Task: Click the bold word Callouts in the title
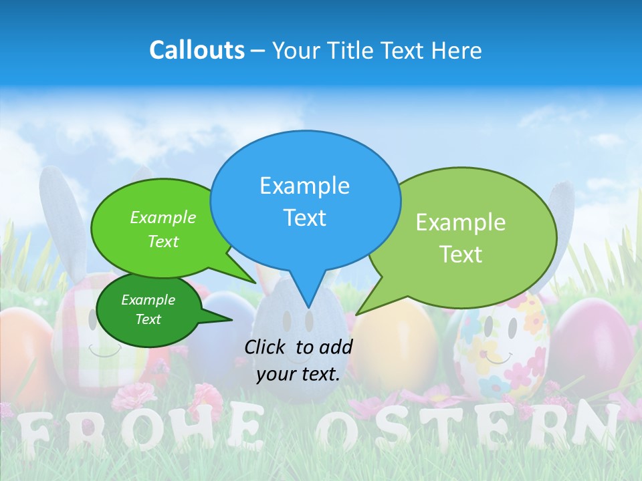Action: [x=197, y=50]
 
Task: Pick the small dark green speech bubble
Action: [x=148, y=310]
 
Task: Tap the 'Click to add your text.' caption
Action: [x=298, y=361]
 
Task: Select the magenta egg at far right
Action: [x=592, y=341]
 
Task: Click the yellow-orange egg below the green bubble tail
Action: [x=395, y=347]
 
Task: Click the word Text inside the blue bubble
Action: [x=305, y=218]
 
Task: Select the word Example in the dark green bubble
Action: [x=148, y=300]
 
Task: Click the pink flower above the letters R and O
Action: [x=128, y=396]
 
